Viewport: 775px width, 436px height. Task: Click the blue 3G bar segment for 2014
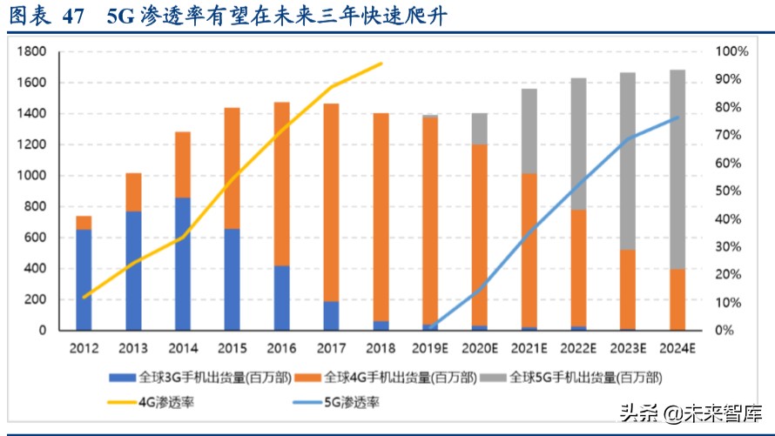183,264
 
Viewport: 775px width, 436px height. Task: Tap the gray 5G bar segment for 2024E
677,170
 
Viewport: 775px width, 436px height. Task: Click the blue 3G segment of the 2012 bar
84,279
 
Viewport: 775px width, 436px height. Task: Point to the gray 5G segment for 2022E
578,144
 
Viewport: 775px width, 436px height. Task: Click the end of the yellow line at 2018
381,64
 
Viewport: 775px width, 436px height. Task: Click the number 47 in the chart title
75,17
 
